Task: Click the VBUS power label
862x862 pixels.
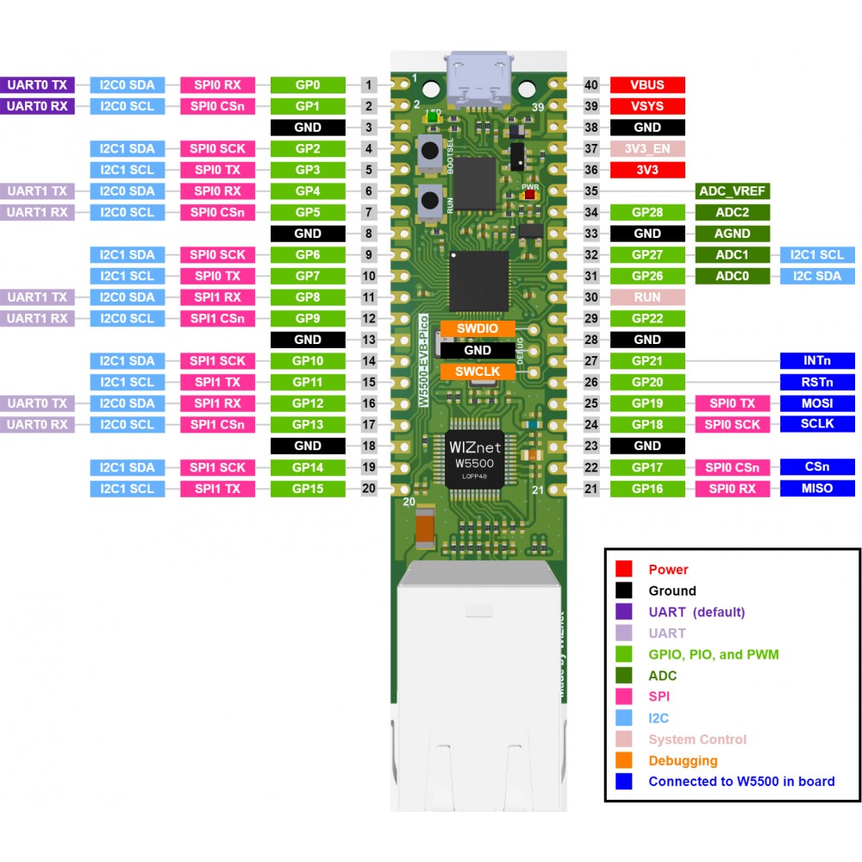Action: click(x=647, y=84)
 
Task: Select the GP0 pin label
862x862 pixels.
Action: click(x=308, y=84)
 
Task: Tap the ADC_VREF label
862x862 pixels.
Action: click(x=732, y=191)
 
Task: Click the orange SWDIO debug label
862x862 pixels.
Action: click(x=478, y=329)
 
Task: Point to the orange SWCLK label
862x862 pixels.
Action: click(x=478, y=372)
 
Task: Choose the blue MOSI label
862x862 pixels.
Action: click(x=816, y=403)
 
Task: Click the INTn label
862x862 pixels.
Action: click(x=816, y=360)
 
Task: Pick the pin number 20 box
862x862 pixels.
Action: click(x=369, y=488)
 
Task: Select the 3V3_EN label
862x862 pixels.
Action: click(x=647, y=148)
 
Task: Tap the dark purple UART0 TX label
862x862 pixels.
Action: click(x=38, y=84)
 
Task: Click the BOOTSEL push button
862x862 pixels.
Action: click(x=428, y=153)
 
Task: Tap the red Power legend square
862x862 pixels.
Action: click(x=624, y=569)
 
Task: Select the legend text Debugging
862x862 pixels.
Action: click(x=683, y=760)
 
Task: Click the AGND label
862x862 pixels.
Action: click(x=732, y=234)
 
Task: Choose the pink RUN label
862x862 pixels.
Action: click(x=647, y=297)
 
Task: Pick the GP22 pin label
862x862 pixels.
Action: click(x=647, y=318)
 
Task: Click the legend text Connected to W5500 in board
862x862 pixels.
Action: click(x=741, y=782)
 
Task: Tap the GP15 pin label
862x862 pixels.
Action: click(x=308, y=488)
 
